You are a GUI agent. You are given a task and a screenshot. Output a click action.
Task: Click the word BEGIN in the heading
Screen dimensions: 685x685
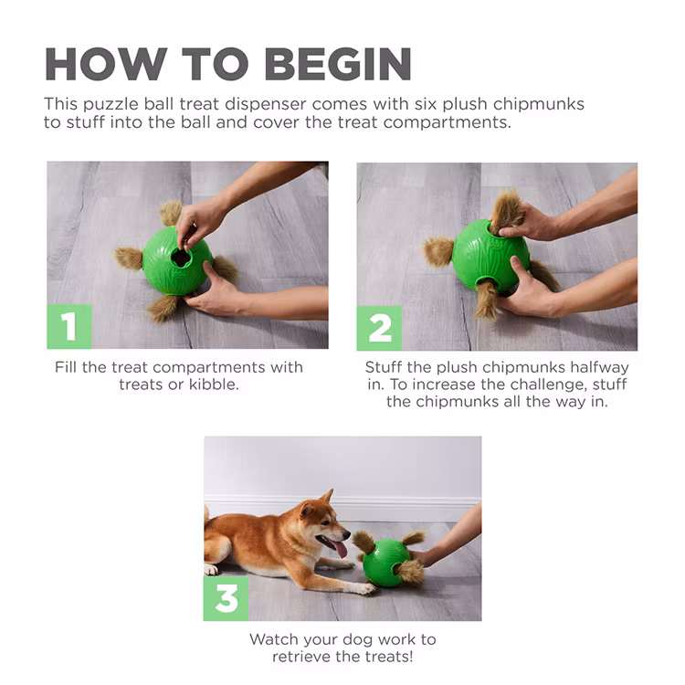click(x=338, y=64)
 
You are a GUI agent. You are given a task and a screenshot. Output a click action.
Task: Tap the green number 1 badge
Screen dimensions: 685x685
click(x=69, y=326)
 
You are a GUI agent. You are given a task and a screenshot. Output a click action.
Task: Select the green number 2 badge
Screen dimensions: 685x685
click(x=379, y=328)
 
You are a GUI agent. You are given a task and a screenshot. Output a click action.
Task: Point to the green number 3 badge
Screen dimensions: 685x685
click(x=226, y=598)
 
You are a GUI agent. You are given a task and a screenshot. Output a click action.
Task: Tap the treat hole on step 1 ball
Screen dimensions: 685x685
click(x=181, y=258)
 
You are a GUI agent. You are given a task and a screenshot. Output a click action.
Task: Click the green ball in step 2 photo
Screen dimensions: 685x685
click(x=490, y=256)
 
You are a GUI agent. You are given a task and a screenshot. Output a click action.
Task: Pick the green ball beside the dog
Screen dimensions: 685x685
click(x=386, y=563)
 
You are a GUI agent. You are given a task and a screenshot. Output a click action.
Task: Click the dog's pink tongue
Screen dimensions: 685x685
click(x=339, y=549)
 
